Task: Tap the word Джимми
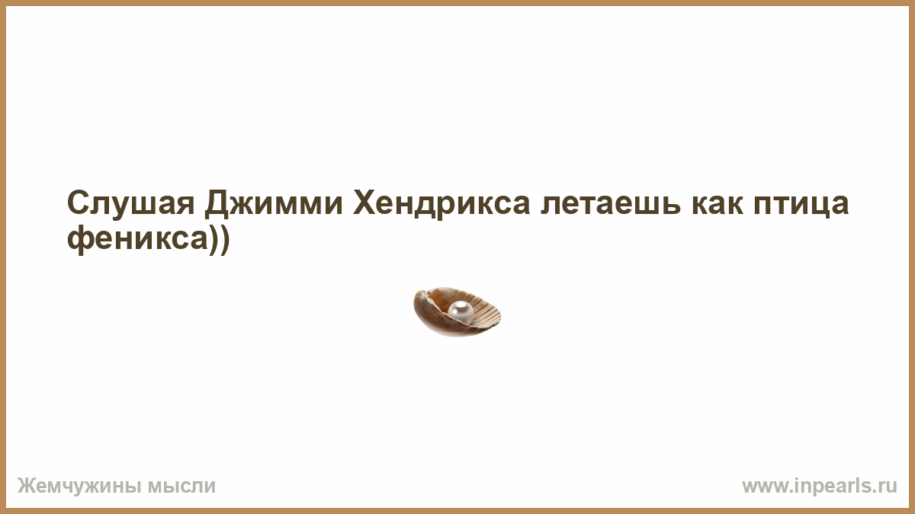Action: coord(274,203)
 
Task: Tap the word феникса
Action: coord(138,239)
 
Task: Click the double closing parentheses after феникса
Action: coord(220,240)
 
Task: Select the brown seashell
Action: coord(457,312)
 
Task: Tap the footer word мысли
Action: coord(181,487)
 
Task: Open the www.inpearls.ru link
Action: coord(820,487)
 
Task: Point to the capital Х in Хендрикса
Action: coord(365,203)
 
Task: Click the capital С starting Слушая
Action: coord(79,203)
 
